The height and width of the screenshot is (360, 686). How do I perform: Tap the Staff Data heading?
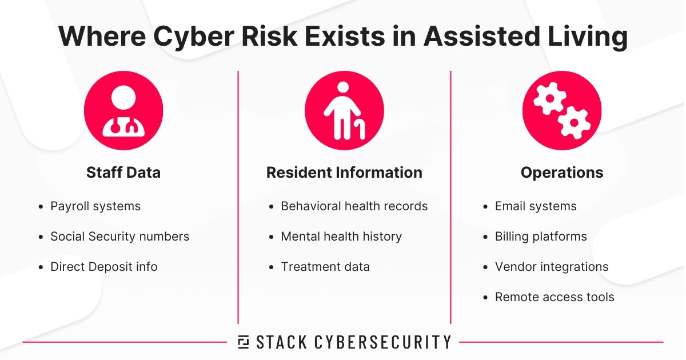pos(123,173)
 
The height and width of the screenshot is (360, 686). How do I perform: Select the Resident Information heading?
pos(344,173)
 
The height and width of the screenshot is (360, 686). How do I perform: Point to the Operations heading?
pos(562,173)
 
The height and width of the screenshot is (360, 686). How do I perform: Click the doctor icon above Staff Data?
pos(123,110)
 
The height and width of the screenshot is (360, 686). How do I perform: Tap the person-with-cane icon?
pos(344,110)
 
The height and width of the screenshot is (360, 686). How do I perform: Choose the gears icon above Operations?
pos(562,110)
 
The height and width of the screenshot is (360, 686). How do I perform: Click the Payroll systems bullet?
pos(95,206)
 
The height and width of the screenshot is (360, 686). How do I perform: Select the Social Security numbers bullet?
pos(119,236)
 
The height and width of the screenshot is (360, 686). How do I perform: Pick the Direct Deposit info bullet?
pos(104,266)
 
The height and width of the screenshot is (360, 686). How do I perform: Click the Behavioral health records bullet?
pos(354,206)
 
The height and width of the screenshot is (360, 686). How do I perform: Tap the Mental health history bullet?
pos(341,236)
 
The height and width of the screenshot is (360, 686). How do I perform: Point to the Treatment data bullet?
pos(325,266)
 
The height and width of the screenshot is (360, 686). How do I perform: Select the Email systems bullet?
pos(536,206)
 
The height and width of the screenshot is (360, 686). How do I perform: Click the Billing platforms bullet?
pos(541,236)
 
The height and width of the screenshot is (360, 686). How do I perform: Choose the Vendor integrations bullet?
pos(552,266)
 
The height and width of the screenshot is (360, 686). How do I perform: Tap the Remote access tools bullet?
pos(555,297)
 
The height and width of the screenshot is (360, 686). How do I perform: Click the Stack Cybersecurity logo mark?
pos(243,342)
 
